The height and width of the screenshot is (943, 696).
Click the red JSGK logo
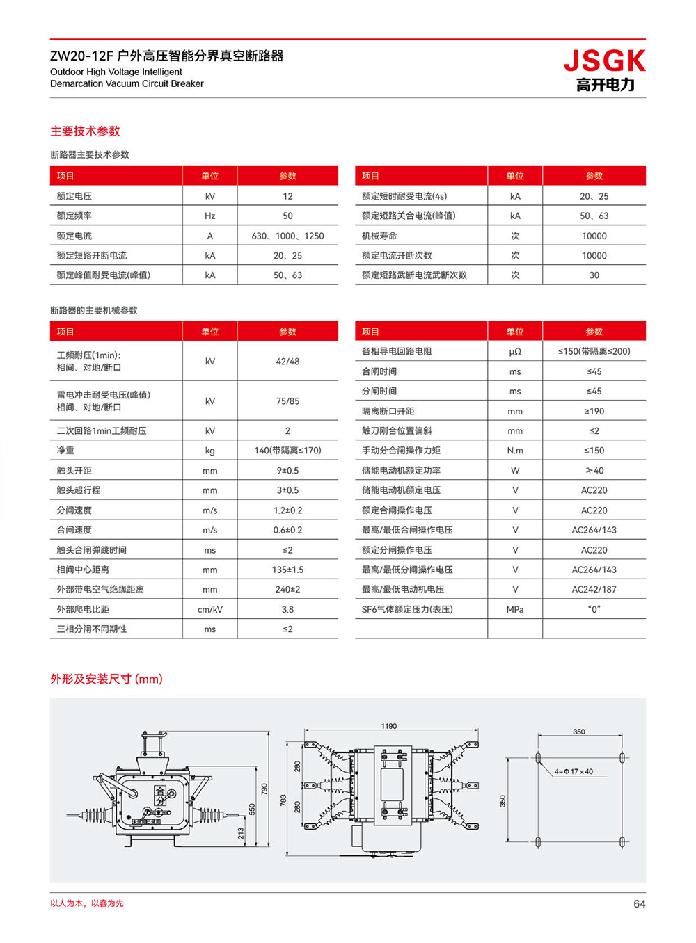604,61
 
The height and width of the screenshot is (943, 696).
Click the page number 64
639,903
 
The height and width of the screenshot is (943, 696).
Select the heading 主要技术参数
85,131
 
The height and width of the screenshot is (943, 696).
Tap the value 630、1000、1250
287,236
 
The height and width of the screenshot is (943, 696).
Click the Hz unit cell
209,216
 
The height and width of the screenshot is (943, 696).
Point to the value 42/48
287,362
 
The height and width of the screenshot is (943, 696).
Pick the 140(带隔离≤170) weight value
287,451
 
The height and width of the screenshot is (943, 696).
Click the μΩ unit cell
515,352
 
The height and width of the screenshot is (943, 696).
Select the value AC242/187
594,589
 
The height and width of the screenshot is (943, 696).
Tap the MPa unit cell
515,609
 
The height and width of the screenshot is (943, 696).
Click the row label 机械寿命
379,236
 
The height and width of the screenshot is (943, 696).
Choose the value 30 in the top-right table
594,275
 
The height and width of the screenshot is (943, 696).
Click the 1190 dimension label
388,726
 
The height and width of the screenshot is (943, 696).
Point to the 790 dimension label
264,789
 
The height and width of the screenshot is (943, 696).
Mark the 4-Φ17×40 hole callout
574,771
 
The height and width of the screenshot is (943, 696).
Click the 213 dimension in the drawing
241,832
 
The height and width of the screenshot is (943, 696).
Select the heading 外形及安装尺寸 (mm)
106,679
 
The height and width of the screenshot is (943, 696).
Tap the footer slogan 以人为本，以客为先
87,903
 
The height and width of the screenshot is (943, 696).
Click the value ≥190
594,411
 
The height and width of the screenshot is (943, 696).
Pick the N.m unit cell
515,451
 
